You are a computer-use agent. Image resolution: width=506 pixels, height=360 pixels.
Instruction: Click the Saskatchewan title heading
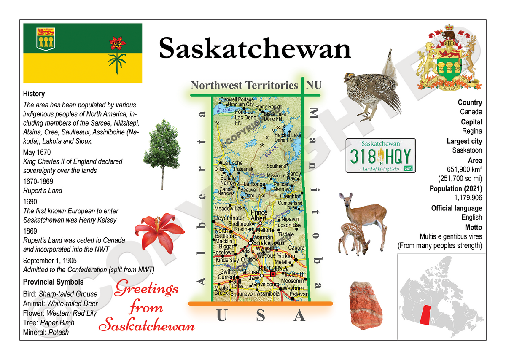coord(255,48)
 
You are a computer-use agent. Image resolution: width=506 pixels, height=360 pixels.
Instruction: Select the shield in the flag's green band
coord(43,38)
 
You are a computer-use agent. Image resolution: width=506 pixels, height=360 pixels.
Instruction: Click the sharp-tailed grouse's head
coord(350,78)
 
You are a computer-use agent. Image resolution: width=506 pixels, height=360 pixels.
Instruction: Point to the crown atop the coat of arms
coord(449,34)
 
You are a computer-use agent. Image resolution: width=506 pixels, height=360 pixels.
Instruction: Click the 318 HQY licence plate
coord(380,156)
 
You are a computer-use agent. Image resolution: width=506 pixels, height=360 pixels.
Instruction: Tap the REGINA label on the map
coord(273,268)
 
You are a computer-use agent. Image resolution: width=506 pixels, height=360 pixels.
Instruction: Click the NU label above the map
coord(314,85)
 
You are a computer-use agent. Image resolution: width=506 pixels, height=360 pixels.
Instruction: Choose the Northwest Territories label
coord(244,85)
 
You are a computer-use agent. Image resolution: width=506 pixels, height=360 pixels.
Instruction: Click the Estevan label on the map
coord(299,294)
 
